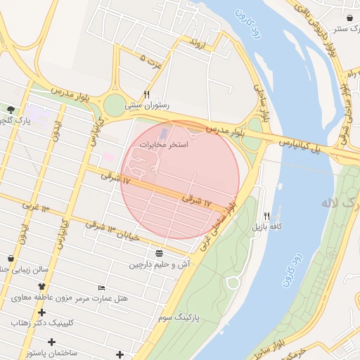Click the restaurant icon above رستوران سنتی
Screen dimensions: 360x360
147,94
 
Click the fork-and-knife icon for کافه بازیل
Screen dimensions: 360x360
266,216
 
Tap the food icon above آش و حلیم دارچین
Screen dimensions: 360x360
160,252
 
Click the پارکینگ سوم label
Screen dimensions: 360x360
179,318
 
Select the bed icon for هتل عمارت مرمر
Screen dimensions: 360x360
102,288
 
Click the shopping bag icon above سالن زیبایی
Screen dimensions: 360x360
10,258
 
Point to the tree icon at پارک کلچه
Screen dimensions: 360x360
11,110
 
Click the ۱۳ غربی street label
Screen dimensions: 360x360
36,208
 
